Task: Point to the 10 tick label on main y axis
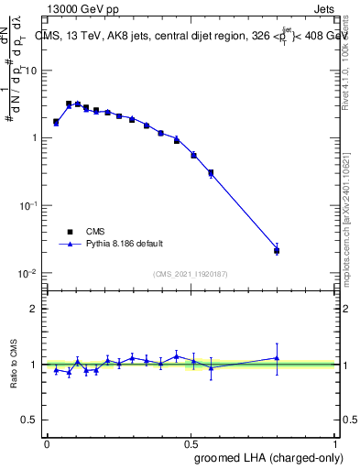coord(30,71)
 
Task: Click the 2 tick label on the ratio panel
coord(35,309)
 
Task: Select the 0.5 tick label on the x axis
coord(191,443)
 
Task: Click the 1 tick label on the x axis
coord(337,443)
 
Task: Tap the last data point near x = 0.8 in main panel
coord(277,250)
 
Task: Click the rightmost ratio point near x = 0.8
coord(277,358)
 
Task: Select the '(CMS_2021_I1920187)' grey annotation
coord(191,273)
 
